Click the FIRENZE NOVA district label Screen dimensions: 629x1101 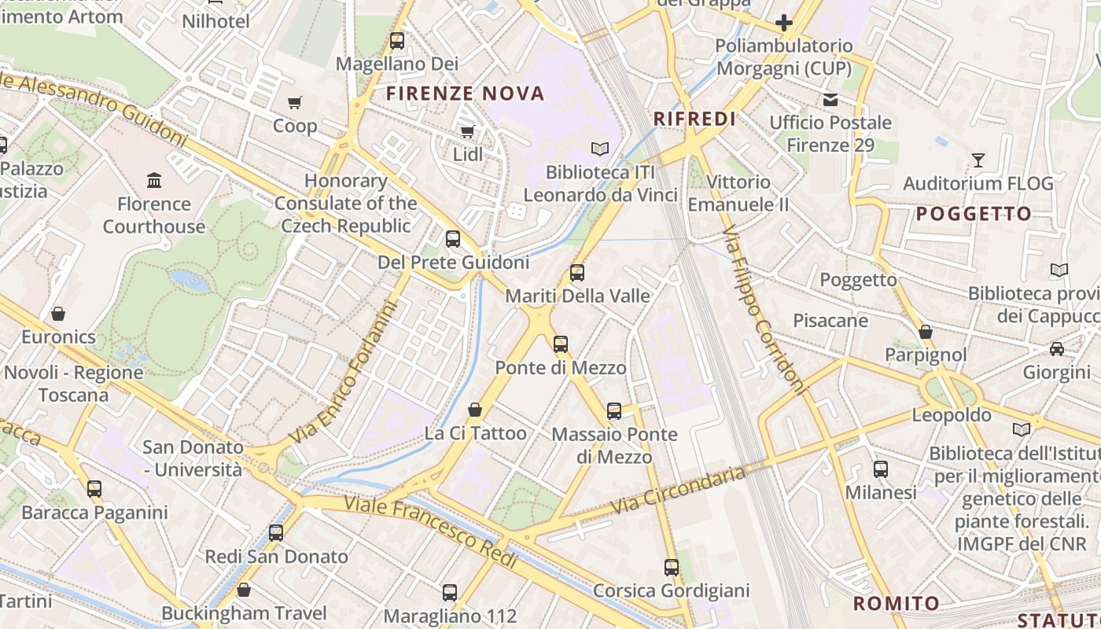tap(466, 94)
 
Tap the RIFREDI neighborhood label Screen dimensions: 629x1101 tap(695, 119)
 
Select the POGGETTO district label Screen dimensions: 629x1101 tap(974, 214)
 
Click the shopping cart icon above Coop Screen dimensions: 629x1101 tap(295, 102)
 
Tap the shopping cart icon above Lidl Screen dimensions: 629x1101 tap(467, 131)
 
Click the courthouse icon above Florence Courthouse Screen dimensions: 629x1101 tap(154, 181)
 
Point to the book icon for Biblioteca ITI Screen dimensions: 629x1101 tap(600, 149)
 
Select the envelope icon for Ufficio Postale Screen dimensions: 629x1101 tap(830, 100)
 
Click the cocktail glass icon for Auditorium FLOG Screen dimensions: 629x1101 tap(978, 160)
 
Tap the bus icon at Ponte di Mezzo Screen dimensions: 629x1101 tap(560, 344)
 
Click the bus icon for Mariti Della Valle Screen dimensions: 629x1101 tap(577, 273)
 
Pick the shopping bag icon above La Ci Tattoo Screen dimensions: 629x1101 tap(475, 410)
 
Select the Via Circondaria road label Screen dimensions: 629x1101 tap(679, 489)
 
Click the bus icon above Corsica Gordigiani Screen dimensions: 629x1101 tap(671, 567)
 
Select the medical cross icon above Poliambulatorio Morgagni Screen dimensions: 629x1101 tap(783, 23)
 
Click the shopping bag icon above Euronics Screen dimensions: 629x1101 tap(58, 314)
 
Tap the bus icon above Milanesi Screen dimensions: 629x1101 tap(881, 469)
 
